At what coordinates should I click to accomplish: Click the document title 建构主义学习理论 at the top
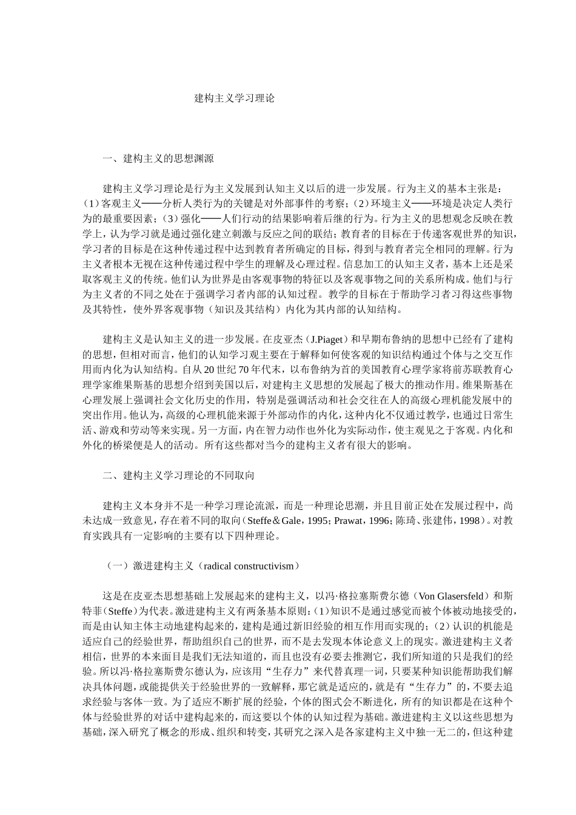[234, 98]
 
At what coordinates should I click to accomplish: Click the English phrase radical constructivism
[249, 566]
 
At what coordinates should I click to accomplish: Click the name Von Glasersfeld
[454, 595]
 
